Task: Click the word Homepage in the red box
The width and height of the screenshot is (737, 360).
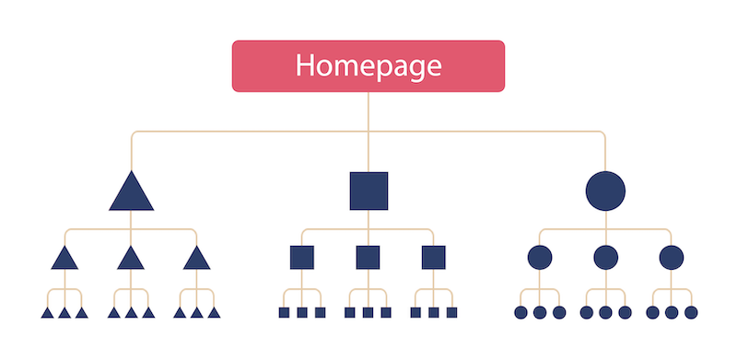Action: (368, 65)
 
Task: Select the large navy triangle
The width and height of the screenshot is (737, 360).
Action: (131, 194)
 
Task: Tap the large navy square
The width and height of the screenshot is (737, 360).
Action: (368, 191)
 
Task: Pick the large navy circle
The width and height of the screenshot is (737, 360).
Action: (605, 191)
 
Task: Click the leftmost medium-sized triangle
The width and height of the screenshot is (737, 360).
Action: (64, 259)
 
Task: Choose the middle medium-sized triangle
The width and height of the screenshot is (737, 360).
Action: (131, 259)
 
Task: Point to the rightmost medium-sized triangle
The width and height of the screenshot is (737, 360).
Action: (197, 259)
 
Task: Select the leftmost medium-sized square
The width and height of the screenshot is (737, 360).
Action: (302, 257)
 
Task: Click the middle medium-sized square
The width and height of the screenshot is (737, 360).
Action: (368, 257)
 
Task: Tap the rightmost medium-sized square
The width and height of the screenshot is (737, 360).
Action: (434, 257)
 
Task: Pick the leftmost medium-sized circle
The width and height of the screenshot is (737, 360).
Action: (540, 257)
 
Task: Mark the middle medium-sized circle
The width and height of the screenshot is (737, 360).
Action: (605, 257)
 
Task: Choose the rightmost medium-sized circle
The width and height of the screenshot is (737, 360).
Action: (672, 257)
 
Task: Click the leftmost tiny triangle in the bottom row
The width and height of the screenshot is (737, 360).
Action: (47, 314)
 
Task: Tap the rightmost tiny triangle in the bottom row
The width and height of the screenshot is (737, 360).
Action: (215, 314)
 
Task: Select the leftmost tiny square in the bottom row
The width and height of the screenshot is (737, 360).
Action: (284, 313)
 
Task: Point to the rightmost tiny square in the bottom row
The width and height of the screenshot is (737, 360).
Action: (451, 313)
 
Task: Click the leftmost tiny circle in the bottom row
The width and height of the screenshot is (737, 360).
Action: (521, 313)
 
